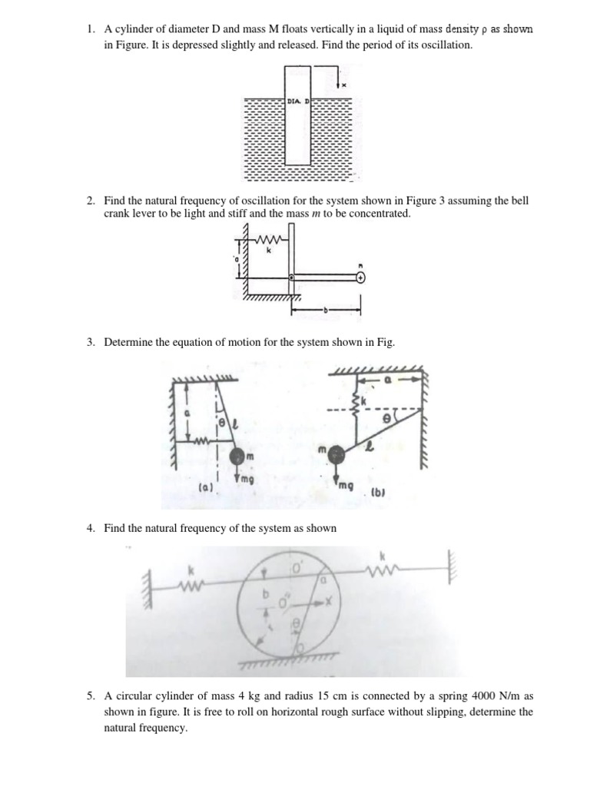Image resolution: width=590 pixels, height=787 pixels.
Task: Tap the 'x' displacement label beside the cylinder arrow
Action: pos(344,85)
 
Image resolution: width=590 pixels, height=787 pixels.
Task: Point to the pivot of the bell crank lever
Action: pos(291,277)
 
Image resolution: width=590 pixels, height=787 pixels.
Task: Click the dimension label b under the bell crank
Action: pos(326,311)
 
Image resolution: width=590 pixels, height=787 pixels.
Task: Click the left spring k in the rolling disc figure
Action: pos(190,588)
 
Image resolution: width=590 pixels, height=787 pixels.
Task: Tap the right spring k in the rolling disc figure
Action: pos(382,569)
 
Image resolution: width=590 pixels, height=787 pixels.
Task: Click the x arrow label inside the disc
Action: pos(326,601)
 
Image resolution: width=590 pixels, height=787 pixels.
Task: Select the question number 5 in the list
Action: pos(90,696)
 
